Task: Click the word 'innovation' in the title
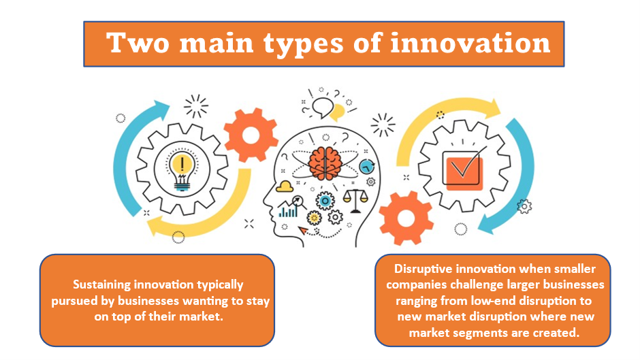(470, 44)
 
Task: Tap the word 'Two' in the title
(138, 43)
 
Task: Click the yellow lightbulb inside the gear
(182, 171)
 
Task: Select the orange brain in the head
(325, 163)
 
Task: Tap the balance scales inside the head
(355, 201)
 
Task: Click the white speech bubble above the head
(323, 108)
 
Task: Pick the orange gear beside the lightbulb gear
(251, 135)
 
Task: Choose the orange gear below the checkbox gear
(406, 218)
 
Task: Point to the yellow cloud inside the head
(285, 186)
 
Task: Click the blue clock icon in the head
(367, 167)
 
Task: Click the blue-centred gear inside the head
(325, 201)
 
